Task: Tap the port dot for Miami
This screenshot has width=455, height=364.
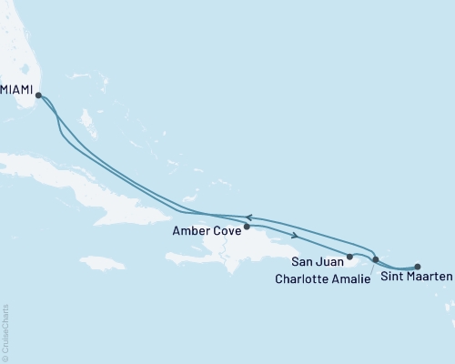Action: pos(38,94)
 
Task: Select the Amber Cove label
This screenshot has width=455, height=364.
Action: pos(206,231)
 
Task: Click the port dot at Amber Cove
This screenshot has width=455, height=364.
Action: pos(247,227)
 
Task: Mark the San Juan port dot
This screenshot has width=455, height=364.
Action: pos(349,258)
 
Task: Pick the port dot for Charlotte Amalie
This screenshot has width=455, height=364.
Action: pos(375,260)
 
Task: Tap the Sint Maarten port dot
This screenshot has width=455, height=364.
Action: pos(418,267)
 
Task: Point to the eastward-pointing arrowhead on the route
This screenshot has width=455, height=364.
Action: pos(296,236)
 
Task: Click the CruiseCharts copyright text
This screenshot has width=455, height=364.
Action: pos(5,333)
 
